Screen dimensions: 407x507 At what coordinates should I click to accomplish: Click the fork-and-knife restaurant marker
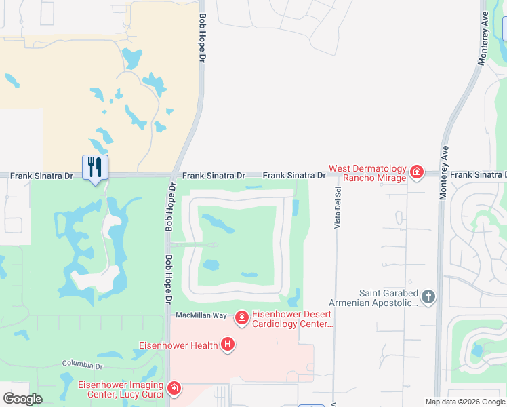click(95, 167)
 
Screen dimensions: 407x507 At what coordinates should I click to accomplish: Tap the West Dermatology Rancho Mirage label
click(367, 173)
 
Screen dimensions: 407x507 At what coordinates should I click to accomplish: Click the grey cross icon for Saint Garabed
click(428, 296)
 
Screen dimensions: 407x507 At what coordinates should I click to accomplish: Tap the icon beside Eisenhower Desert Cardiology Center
click(241, 317)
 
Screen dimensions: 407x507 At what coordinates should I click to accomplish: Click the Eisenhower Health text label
click(179, 345)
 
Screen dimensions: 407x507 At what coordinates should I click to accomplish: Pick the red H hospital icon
click(228, 345)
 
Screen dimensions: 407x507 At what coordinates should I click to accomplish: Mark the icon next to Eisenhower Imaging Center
click(174, 387)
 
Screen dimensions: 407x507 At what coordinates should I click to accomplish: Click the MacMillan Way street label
click(201, 315)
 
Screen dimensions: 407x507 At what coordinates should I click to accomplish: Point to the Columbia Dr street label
click(81, 365)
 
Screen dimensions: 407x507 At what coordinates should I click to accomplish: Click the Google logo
click(22, 398)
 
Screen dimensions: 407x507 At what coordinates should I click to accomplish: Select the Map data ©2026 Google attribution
click(464, 402)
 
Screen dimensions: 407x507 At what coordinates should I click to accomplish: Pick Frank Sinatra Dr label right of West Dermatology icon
click(478, 175)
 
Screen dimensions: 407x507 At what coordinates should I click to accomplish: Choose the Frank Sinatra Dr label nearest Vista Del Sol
click(293, 175)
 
